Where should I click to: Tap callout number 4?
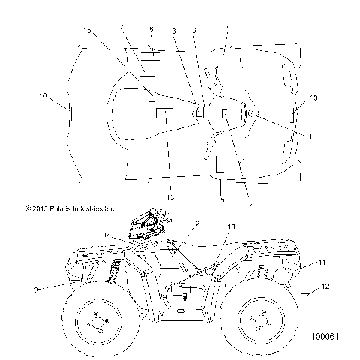[228, 28]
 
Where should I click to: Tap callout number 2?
[196, 223]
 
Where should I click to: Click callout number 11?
[322, 262]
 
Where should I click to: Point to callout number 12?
[325, 286]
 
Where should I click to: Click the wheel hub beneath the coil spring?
[96, 322]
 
